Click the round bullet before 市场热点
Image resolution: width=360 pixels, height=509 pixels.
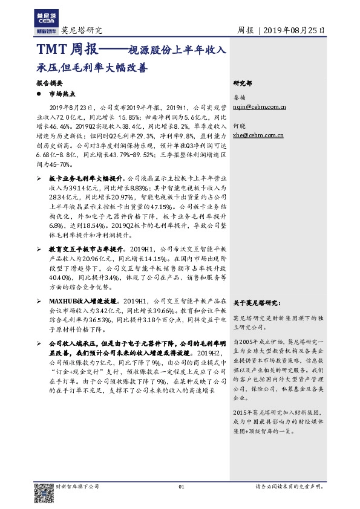[39, 94]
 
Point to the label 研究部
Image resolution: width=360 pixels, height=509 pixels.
[243, 83]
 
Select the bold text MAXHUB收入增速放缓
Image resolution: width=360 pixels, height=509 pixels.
[82, 300]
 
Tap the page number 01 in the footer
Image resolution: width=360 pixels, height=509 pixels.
[180, 486]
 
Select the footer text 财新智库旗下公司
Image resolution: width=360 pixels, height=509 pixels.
[77, 486]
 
